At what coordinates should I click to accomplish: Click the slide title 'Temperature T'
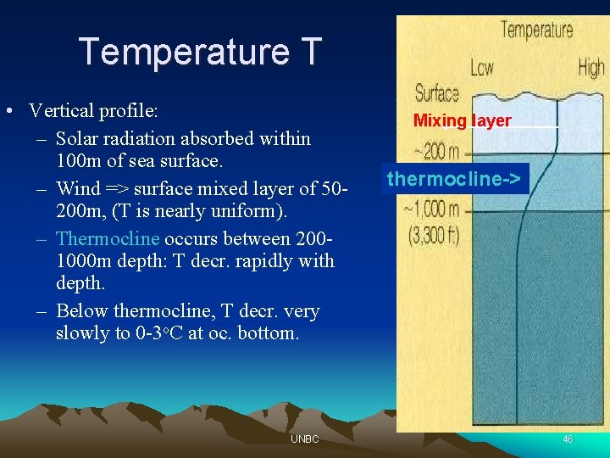(x=201, y=52)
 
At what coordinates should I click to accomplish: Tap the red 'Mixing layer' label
(x=462, y=120)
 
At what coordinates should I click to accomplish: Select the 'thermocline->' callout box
(x=456, y=179)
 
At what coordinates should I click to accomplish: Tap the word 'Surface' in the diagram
(x=436, y=93)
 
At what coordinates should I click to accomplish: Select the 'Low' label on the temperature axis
(x=482, y=68)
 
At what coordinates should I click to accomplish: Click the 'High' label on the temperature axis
(x=591, y=68)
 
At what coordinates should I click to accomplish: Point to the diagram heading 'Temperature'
(x=536, y=31)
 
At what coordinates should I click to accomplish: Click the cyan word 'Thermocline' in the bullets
(x=108, y=238)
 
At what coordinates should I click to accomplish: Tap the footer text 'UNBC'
(x=304, y=439)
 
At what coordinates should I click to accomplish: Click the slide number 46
(x=567, y=439)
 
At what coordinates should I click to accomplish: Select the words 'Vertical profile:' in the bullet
(x=94, y=111)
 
